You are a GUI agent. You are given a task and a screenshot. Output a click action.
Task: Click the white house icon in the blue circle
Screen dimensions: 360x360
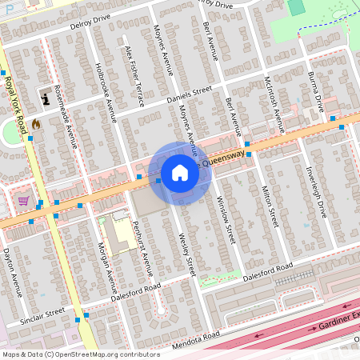coord(180,173)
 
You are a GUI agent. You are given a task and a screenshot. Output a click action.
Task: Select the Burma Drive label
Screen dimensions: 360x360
coord(315,90)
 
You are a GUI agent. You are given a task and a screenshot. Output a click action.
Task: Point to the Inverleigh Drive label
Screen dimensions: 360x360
coord(317,192)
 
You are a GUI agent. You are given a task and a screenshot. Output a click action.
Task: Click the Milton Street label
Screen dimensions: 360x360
coord(270,204)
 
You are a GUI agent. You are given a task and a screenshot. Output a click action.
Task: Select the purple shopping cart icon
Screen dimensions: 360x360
coord(24,201)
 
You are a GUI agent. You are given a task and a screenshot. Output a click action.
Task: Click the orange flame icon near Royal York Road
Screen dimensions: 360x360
coord(35,124)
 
